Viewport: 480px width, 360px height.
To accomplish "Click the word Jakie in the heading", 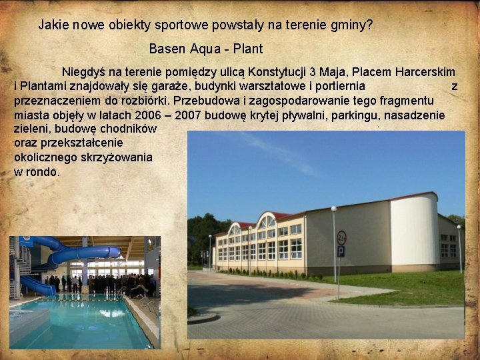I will pos(52,25).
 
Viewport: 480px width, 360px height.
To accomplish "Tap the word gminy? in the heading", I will pos(351,26).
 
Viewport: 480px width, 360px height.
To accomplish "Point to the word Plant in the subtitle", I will pos(249,49).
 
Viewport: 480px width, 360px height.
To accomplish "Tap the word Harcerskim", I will pos(425,72).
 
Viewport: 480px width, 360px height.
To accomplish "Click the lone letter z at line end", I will pos(454,86).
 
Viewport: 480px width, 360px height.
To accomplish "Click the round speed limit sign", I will pos(341,237).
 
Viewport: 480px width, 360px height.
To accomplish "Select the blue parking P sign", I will pos(341,251).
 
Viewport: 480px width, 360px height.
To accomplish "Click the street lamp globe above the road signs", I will pos(333,209).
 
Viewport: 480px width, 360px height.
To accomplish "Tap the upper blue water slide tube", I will pos(87,253).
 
